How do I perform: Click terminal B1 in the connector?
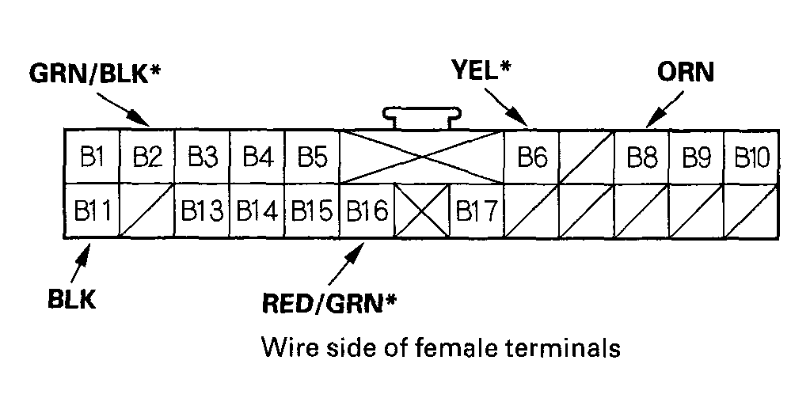coord(92,157)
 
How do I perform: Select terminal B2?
coord(146,157)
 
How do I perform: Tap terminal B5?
coord(312,157)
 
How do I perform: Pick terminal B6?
coord(532,157)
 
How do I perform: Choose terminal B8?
coord(642,157)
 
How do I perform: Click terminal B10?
coord(751,157)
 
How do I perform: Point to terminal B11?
coord(92,211)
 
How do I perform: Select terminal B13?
coord(202,211)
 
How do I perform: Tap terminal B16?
coord(367,211)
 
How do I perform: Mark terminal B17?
coord(477,211)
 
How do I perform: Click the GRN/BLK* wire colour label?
coord(96,74)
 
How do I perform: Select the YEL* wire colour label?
coord(481,71)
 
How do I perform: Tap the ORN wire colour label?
coord(686,72)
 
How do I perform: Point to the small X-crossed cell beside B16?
coord(422,211)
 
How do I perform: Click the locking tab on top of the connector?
coord(422,117)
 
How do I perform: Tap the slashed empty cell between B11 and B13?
coord(146,211)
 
